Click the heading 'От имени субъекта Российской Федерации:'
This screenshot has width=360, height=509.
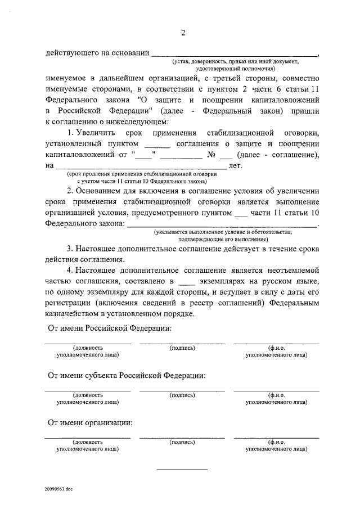point(127,375)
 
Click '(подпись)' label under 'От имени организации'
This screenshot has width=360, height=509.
point(182,443)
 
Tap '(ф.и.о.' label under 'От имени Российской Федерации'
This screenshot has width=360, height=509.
point(277,348)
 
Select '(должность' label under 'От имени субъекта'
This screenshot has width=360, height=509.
point(88,395)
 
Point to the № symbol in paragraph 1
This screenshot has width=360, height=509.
point(212,155)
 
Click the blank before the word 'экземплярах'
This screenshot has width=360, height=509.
point(184,280)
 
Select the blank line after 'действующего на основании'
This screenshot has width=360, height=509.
point(235,54)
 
